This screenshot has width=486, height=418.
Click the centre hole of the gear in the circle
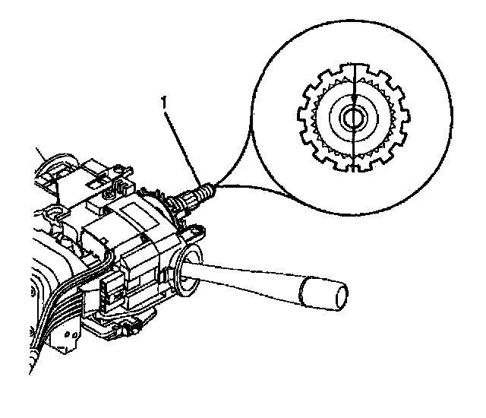pos(354,118)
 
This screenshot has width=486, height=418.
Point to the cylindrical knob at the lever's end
pos(323,292)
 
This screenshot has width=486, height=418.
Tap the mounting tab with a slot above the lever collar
pos(195,229)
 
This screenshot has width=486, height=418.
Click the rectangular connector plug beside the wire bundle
pos(110,292)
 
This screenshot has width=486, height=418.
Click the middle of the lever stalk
pos(251,277)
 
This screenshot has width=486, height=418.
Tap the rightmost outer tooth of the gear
pos(406,119)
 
